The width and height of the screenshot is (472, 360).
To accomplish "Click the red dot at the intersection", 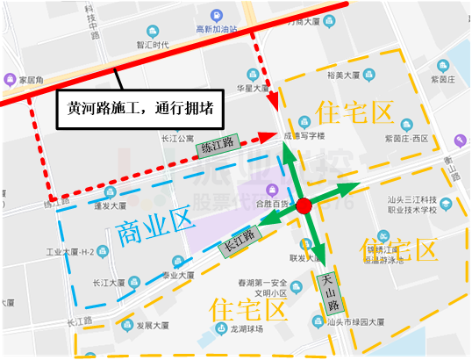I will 304,206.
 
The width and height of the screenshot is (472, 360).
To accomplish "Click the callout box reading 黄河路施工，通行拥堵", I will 141,110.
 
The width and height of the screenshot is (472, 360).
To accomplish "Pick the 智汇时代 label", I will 151,45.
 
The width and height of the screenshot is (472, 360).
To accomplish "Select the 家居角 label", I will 32,76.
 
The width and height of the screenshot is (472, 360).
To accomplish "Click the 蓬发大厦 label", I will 111,207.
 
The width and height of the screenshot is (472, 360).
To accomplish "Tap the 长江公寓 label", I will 176,137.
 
